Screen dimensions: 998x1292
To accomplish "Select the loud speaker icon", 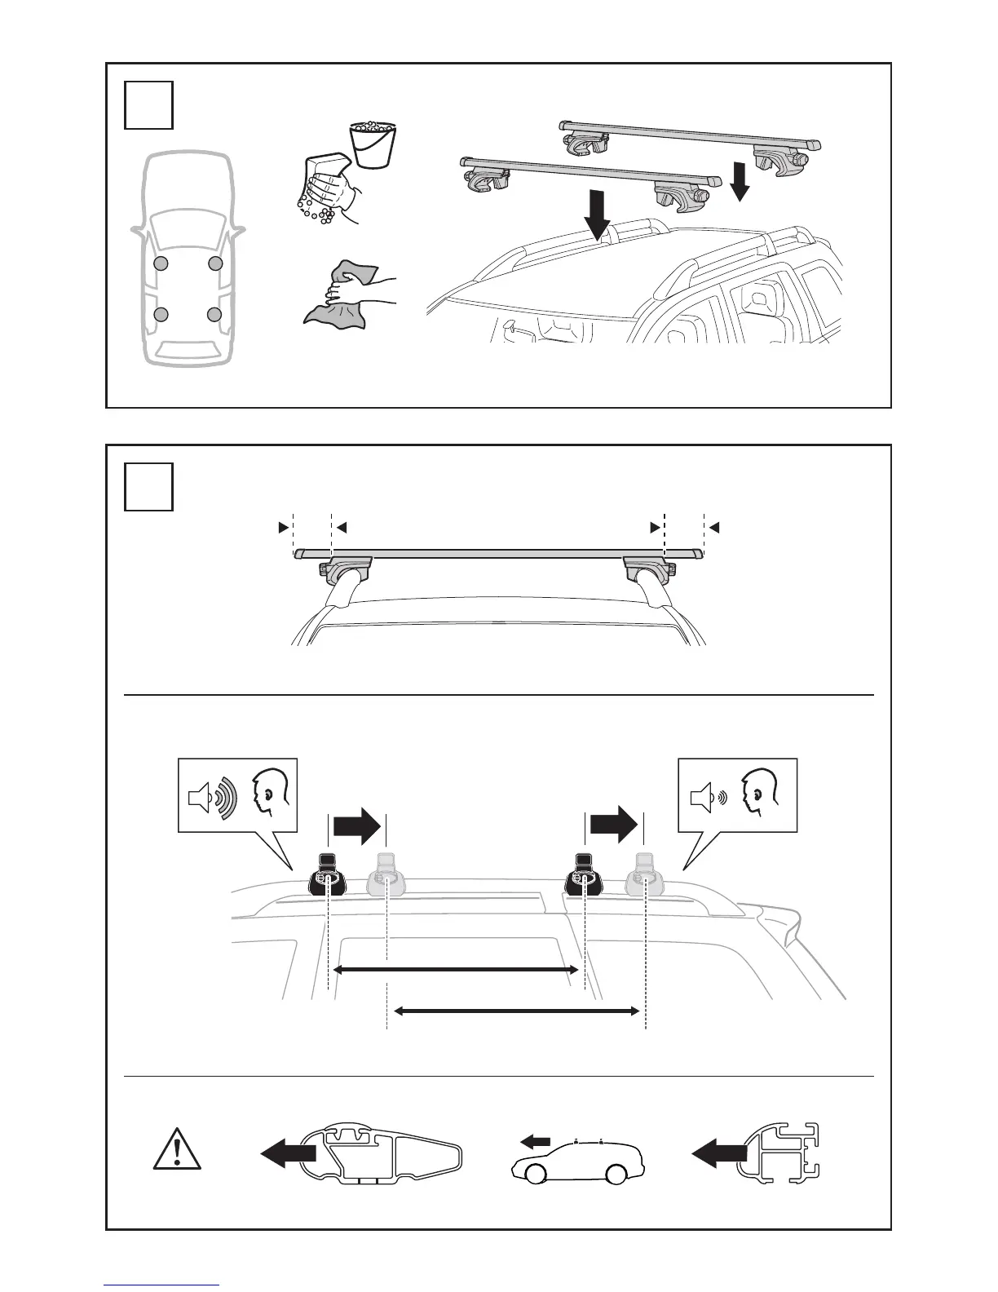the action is coord(211,795).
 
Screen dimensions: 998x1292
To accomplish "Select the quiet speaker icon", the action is coord(706,795).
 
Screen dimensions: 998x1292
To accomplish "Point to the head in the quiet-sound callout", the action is coord(760,791).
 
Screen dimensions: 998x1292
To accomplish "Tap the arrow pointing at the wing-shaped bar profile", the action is coord(289,1153).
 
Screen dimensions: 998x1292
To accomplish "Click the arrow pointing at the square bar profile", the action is coord(719,1153).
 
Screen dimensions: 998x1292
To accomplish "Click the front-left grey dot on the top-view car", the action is coord(161,263).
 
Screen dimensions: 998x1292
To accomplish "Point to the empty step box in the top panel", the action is coord(148,104).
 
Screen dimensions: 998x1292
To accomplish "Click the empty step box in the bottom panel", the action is coord(148,486).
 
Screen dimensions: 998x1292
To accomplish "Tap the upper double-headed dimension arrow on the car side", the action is coord(456,970).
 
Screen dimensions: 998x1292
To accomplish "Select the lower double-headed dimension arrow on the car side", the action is coord(516,1011).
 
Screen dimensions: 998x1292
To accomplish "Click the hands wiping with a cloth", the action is coord(348,293).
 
